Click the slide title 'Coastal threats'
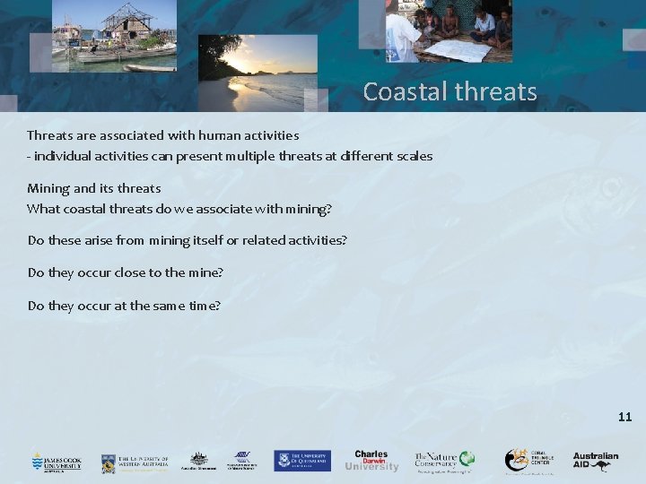pyautogui.click(x=450, y=92)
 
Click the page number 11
pyautogui.click(x=624, y=417)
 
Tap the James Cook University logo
pyautogui.click(x=56, y=462)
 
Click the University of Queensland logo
pyautogui.click(x=302, y=461)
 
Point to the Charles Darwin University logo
pyautogui.click(x=371, y=460)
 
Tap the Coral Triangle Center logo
pyautogui.click(x=528, y=461)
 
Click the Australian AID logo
pyautogui.click(x=596, y=461)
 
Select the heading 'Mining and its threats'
pyautogui.click(x=94, y=188)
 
